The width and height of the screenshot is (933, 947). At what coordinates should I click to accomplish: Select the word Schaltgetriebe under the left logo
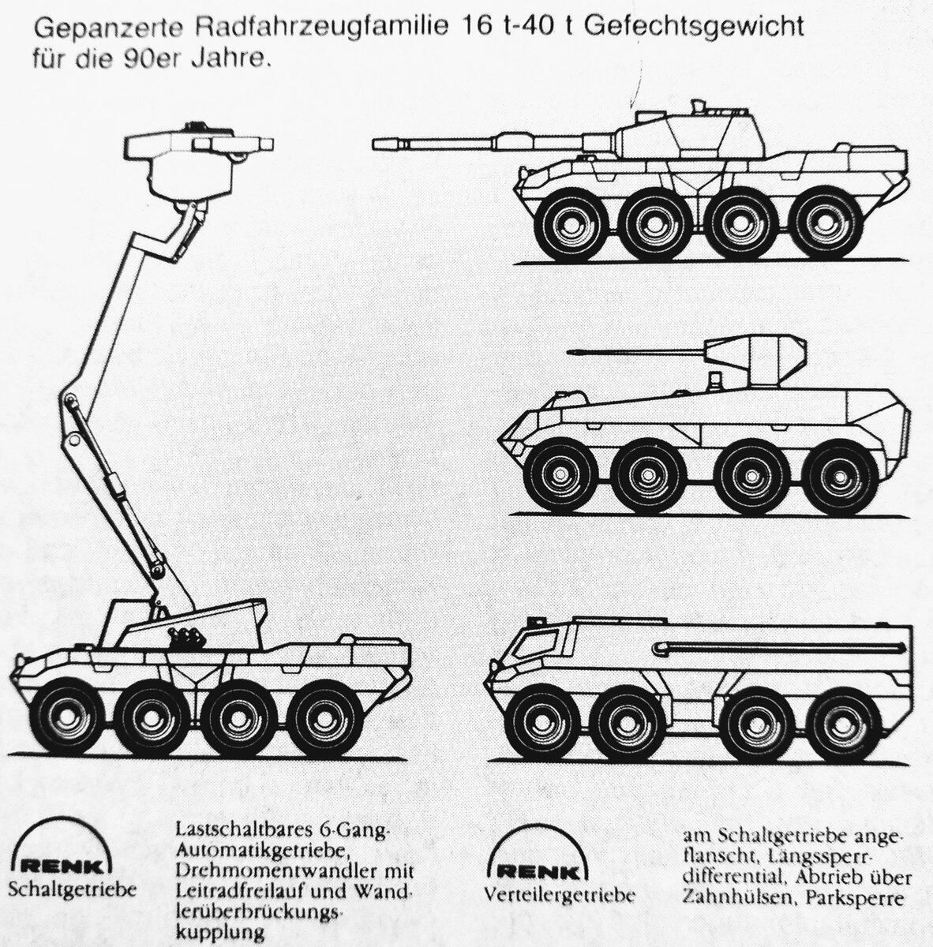point(73,889)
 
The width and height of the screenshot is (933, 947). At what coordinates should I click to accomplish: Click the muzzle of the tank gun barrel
point(379,144)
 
